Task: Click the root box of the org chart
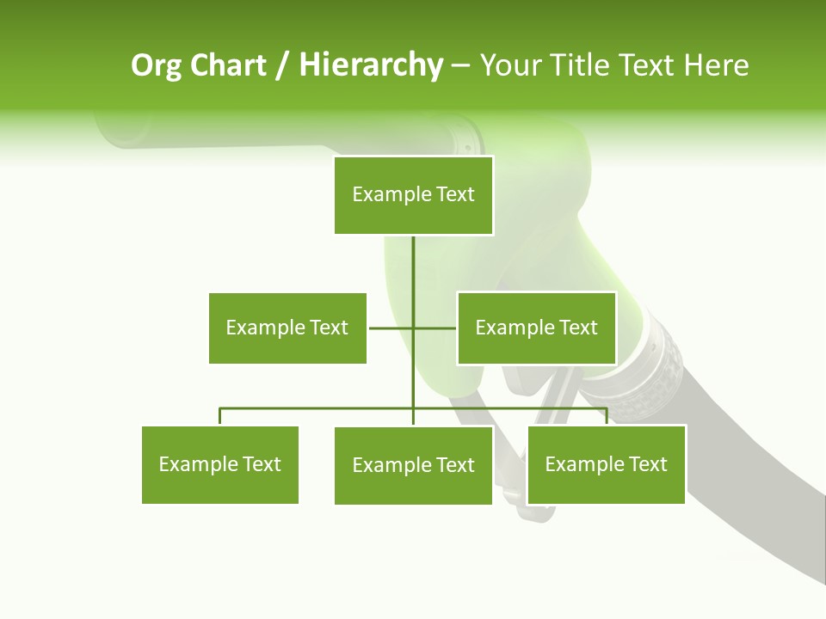(414, 195)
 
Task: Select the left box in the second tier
(287, 328)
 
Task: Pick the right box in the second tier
(536, 328)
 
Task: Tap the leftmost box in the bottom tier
(220, 464)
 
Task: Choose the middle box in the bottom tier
(413, 465)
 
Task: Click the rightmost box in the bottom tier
(606, 464)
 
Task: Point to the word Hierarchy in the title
(371, 65)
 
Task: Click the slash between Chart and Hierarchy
(282, 66)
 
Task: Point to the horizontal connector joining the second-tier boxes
(391, 328)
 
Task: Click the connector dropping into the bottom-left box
(220, 416)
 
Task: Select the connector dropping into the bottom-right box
(607, 416)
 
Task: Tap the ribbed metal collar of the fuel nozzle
(658, 370)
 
